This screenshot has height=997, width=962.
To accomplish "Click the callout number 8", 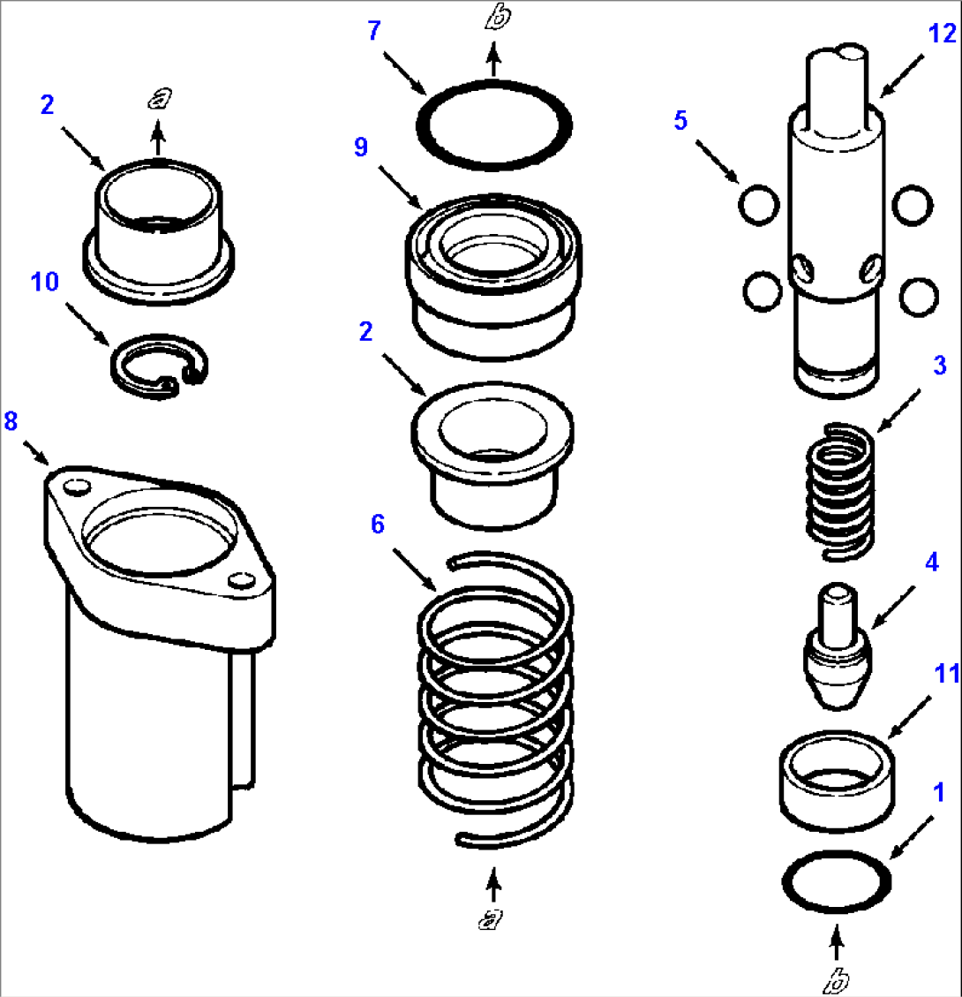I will click(x=11, y=422).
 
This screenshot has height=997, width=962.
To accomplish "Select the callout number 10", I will click(x=45, y=283).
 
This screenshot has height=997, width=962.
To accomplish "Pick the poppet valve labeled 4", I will click(x=835, y=648).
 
